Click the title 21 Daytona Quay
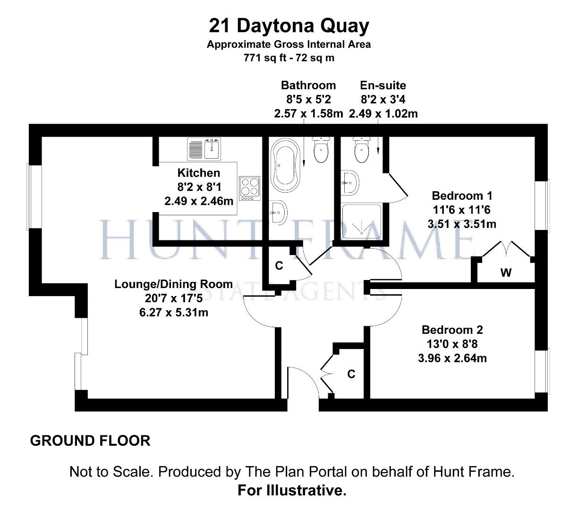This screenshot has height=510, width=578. pos(289,25)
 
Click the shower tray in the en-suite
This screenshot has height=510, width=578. pos(361,221)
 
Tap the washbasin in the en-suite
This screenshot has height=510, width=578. pos(351,182)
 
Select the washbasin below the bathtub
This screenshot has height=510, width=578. pos(278,212)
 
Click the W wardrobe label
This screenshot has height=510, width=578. pos(506,272)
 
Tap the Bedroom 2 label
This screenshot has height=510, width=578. pos(452,330)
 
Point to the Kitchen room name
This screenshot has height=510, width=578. pos(198,173)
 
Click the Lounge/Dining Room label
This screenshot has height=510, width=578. pos(173,284)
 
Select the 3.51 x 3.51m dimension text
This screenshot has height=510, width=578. pos(461,224)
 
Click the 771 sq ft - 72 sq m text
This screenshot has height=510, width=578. pos(289,58)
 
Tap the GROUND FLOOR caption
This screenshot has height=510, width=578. pos(90,441)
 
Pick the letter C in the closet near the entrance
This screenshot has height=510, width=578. pos(351,374)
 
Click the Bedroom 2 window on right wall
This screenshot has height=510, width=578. pos(548,371)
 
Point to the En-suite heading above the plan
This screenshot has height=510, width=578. pos(382,85)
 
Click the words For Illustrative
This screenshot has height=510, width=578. pos(292,490)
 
